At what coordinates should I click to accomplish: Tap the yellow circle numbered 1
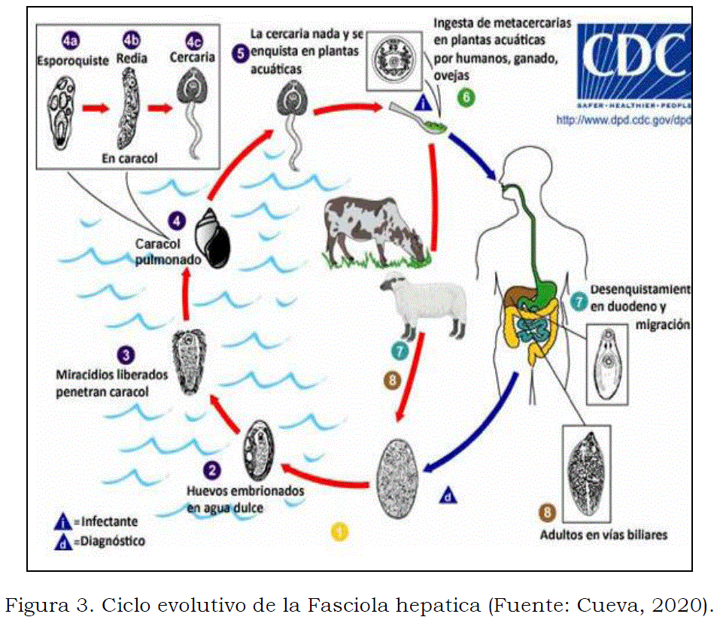tap(341, 531)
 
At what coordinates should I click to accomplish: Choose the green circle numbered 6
tap(466, 98)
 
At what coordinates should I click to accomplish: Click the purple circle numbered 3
tap(127, 354)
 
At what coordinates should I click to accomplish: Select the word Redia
tap(132, 58)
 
